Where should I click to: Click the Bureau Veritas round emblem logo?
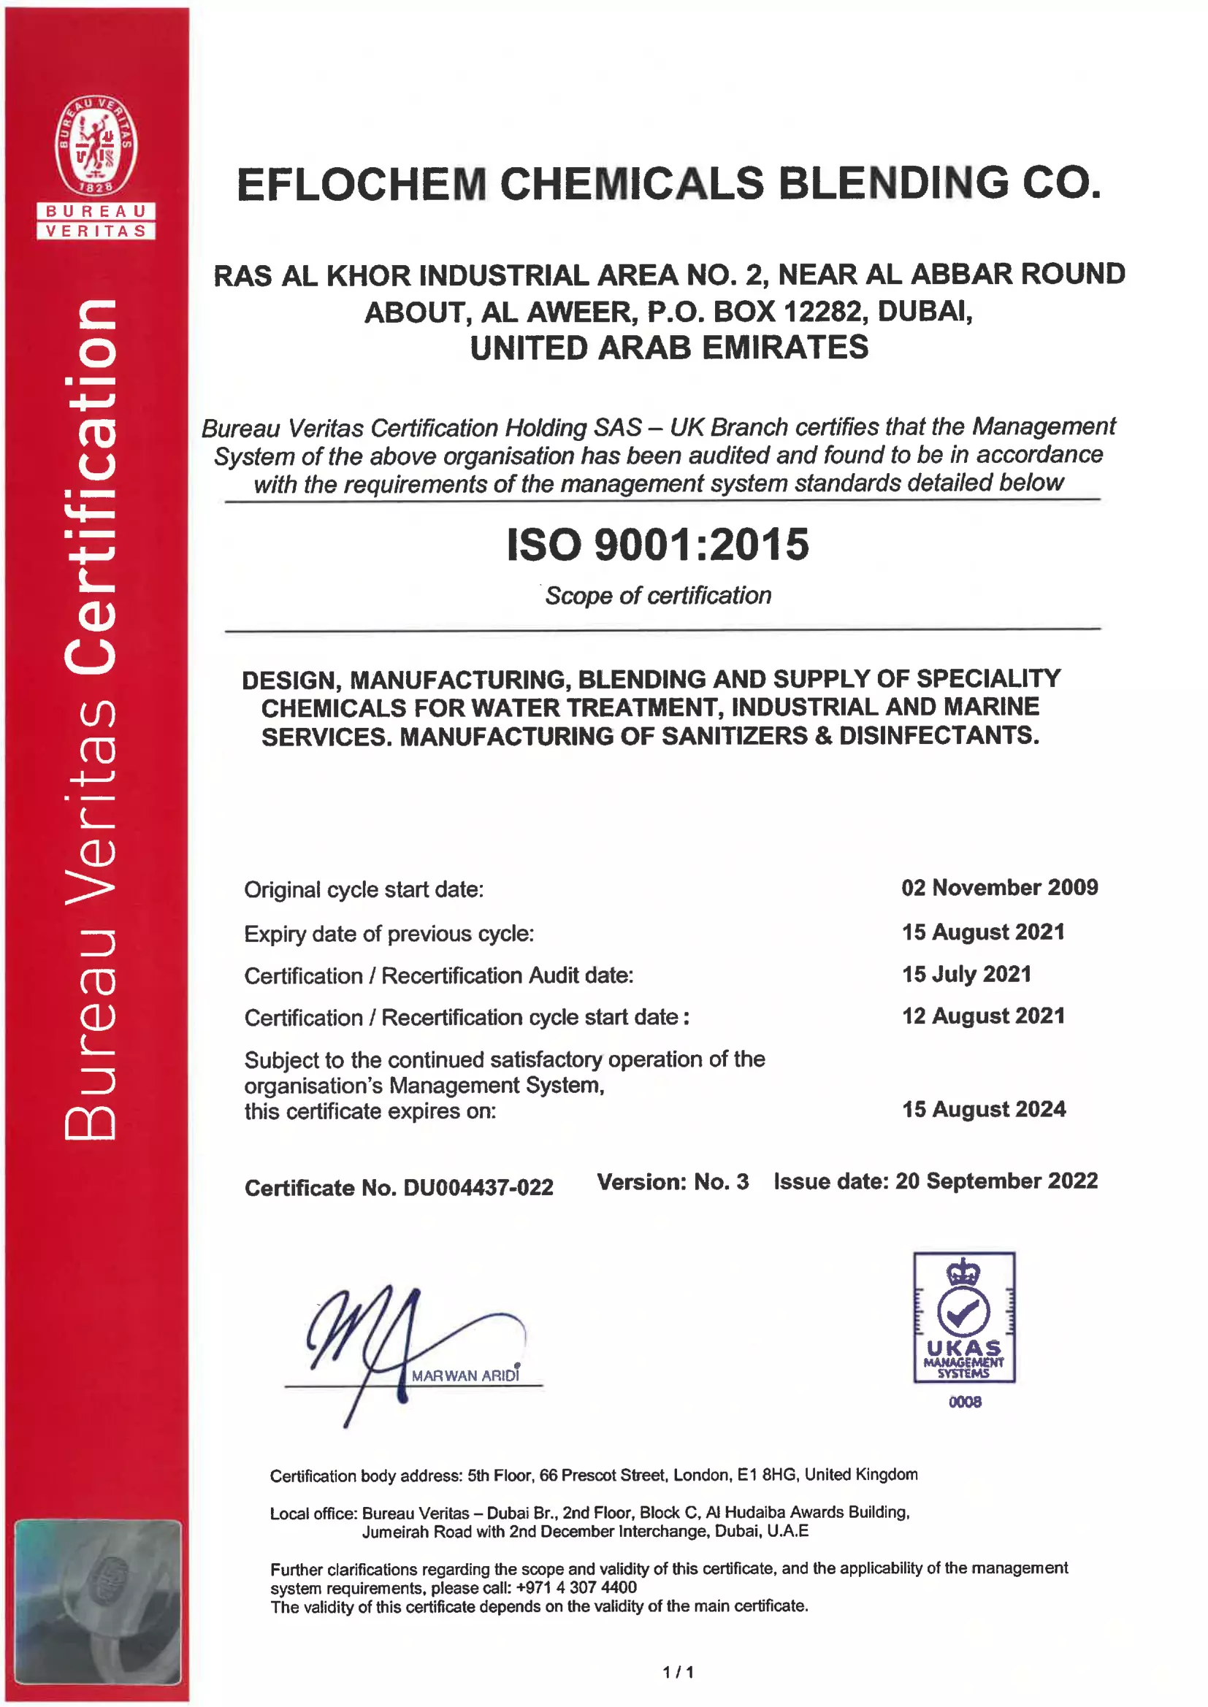tap(96, 145)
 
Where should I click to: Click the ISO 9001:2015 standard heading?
tap(657, 544)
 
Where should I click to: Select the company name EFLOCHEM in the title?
tap(362, 184)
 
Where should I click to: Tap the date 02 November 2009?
tap(999, 887)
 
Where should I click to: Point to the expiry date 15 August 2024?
tap(983, 1109)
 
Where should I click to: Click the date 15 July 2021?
tap(966, 974)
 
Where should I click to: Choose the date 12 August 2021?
tap(983, 1016)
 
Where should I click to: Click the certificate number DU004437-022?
tap(478, 1187)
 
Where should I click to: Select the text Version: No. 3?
tap(673, 1182)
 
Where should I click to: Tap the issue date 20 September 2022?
tap(996, 1181)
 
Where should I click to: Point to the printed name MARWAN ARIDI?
tap(465, 1376)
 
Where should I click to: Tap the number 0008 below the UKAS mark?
tap(965, 1402)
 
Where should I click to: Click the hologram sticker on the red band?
tap(96, 1602)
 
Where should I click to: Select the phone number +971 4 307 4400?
tap(576, 1587)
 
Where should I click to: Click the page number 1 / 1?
tap(678, 1673)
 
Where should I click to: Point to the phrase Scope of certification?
tap(658, 596)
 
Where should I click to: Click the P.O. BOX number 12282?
tap(822, 312)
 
